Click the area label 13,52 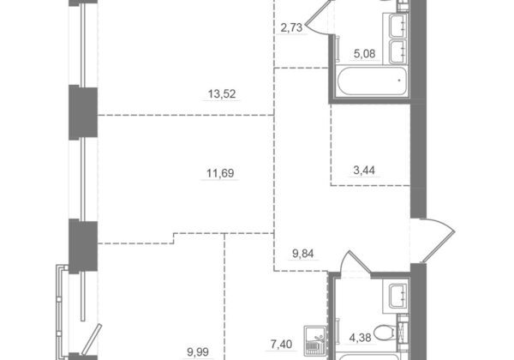222,94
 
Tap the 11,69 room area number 220,173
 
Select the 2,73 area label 291,28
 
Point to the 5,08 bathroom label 365,53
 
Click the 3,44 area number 364,171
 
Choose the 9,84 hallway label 303,254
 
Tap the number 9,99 198,352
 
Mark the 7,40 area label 281,345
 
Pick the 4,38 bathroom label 361,338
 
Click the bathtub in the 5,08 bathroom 372,81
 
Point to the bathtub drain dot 399,80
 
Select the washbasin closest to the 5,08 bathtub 398,51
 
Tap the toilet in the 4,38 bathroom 384,332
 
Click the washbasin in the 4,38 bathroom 398,296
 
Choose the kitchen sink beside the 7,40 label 314,341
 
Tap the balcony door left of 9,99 91,339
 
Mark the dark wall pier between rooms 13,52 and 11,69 83,112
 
